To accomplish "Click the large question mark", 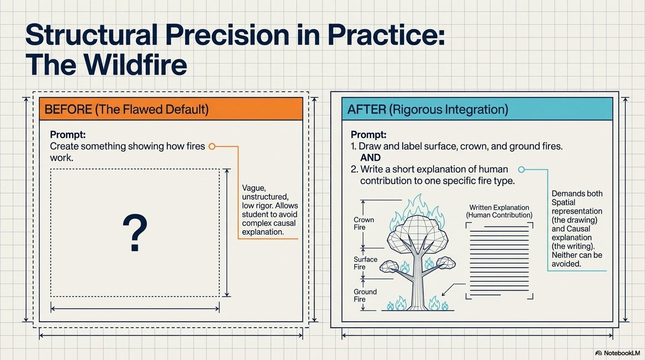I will [135, 233].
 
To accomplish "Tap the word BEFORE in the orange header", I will [68, 110].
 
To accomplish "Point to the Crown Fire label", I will [364, 224].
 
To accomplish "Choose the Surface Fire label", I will [366, 263].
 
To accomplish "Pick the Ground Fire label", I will [365, 295].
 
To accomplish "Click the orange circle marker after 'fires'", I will [212, 146].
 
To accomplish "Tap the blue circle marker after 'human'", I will [521, 170].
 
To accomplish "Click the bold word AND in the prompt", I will [370, 158].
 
